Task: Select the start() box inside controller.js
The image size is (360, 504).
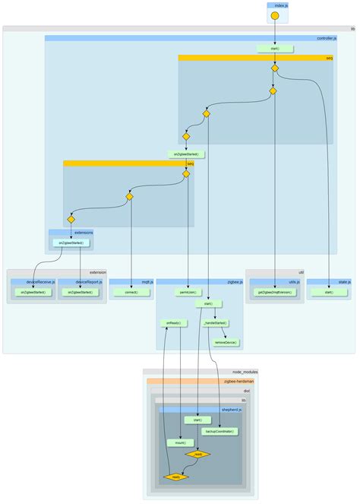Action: [274, 48]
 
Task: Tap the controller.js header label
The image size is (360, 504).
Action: [326, 37]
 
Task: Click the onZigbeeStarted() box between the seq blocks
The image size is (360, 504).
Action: [185, 154]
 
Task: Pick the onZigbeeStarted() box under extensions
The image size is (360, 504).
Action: [71, 243]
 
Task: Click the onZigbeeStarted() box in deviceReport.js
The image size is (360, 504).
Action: [80, 292]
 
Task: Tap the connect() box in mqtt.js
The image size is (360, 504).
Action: [131, 292]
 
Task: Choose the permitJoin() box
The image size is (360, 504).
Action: [188, 292]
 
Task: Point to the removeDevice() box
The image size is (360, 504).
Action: [226, 342]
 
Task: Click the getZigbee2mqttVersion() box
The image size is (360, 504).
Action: [274, 292]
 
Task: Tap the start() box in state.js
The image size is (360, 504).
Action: [329, 292]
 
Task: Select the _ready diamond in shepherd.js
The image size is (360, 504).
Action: [199, 454]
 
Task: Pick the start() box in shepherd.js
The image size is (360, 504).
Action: [197, 420]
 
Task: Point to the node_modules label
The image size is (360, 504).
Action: [243, 372]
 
